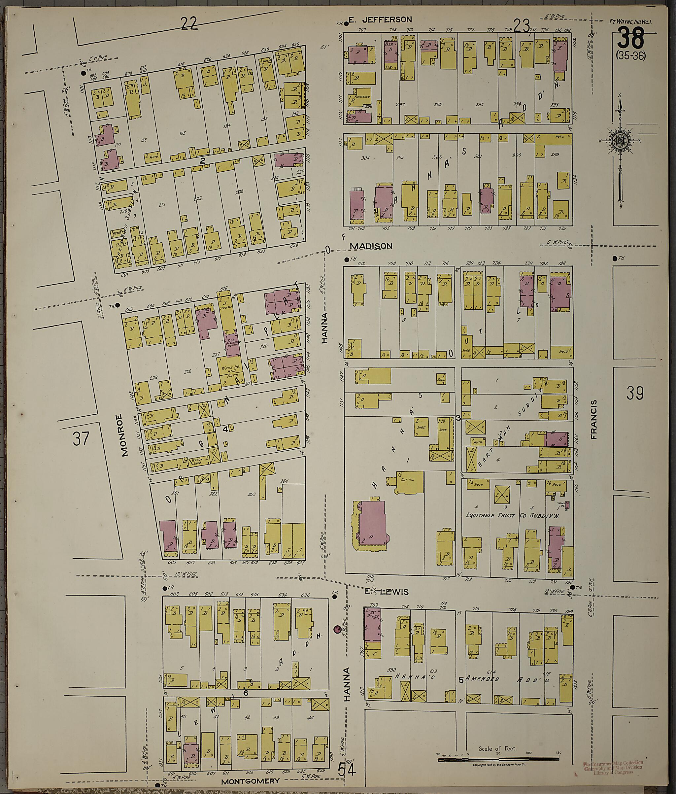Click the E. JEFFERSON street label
[380, 19]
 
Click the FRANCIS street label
[594, 419]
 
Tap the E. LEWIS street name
[386, 592]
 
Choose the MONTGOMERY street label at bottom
[250, 780]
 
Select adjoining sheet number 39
[635, 393]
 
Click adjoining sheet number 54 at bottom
[347, 770]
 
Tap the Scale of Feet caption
[497, 748]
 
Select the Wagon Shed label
[197, 463]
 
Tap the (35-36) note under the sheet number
[631, 56]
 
